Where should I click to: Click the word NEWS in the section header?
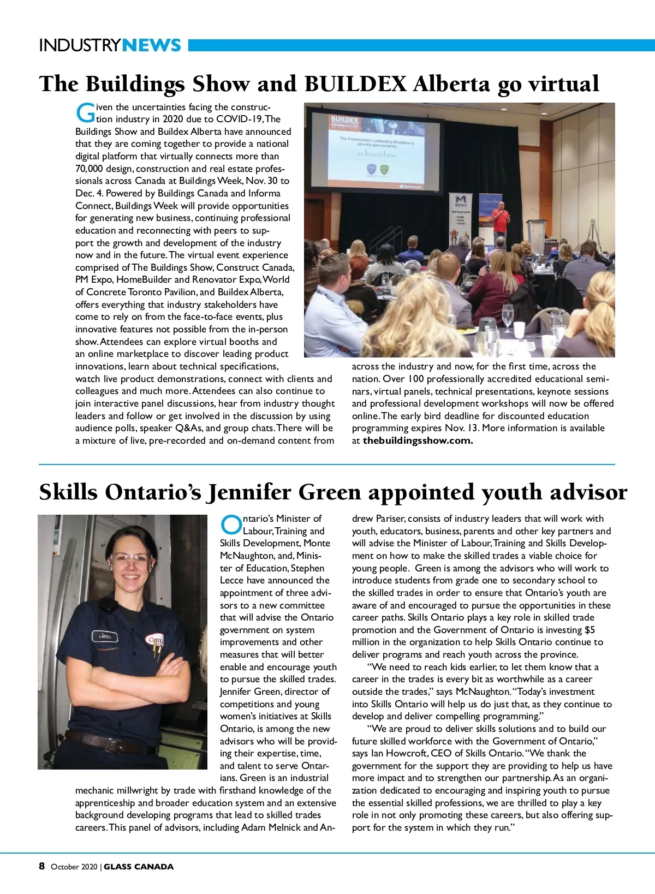tap(152, 45)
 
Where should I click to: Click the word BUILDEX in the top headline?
tap(355, 84)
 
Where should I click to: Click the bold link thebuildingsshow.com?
tap(418, 440)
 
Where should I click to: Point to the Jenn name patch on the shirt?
tap(104, 636)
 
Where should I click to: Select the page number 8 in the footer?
tap(42, 866)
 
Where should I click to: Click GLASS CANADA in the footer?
tap(139, 867)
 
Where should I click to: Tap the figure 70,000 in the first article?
tap(89, 169)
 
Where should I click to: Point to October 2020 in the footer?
tap(74, 867)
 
